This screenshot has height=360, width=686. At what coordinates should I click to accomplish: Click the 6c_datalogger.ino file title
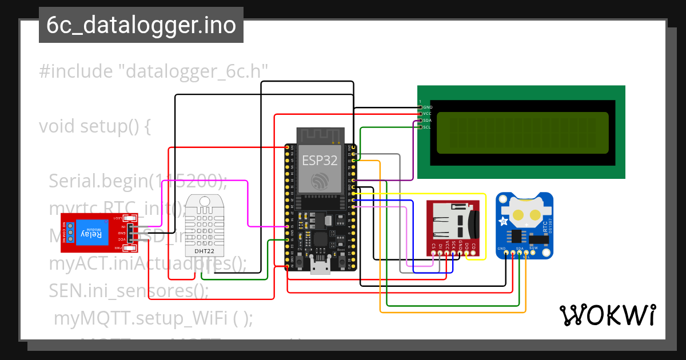(x=141, y=26)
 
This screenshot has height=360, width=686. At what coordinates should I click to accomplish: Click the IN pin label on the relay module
(x=123, y=227)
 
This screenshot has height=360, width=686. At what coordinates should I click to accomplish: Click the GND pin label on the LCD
(x=428, y=107)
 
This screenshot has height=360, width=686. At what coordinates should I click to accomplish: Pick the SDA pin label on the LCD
(x=428, y=121)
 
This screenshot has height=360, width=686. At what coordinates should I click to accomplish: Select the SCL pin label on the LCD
(x=428, y=127)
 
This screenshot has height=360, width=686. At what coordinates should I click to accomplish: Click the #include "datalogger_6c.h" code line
(x=154, y=72)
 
